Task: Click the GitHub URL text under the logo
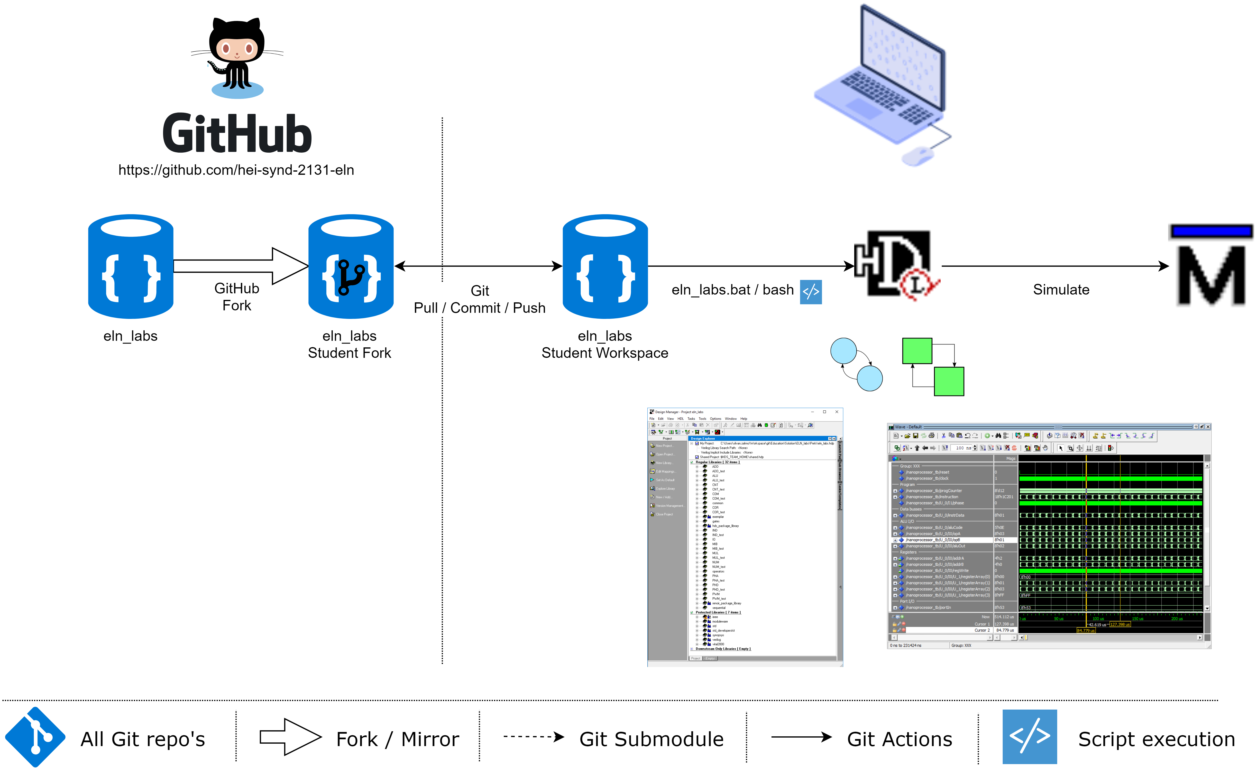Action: pyautogui.click(x=236, y=170)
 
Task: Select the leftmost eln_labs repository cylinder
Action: pyautogui.click(x=131, y=266)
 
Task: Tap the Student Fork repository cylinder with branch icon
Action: pyautogui.click(x=351, y=266)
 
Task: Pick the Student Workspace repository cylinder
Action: pyautogui.click(x=605, y=266)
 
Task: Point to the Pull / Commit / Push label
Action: pyautogui.click(x=479, y=308)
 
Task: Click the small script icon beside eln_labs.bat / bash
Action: pyautogui.click(x=811, y=292)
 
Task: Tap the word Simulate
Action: pyautogui.click(x=1061, y=290)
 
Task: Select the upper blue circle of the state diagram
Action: pyautogui.click(x=844, y=351)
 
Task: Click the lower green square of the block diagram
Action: pyautogui.click(x=949, y=381)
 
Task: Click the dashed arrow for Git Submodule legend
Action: pyautogui.click(x=533, y=736)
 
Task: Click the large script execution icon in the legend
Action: pyautogui.click(x=1029, y=736)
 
